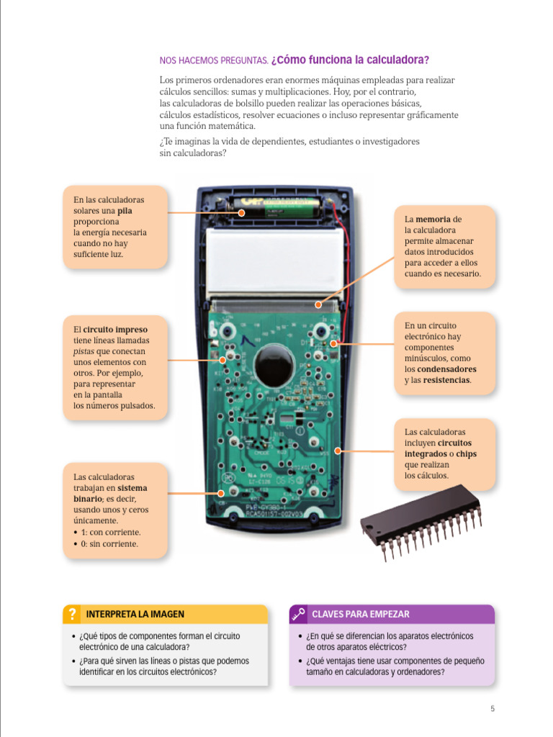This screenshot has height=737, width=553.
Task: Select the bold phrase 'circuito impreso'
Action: pos(115,330)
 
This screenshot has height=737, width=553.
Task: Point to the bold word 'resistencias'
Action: pos(447,380)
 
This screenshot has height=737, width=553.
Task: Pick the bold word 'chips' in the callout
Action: pos(465,454)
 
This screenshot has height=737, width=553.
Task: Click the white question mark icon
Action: pos(71,614)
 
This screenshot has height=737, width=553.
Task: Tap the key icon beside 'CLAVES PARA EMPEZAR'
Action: pos(298,614)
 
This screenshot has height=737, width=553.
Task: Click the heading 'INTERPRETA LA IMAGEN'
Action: pos(135,614)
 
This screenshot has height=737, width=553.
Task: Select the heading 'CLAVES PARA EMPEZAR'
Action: pos(360,614)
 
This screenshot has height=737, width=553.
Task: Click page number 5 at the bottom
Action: pos(493,708)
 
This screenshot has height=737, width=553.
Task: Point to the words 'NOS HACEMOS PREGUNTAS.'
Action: pos(214,60)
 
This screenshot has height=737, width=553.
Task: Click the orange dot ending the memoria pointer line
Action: pos(318,305)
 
